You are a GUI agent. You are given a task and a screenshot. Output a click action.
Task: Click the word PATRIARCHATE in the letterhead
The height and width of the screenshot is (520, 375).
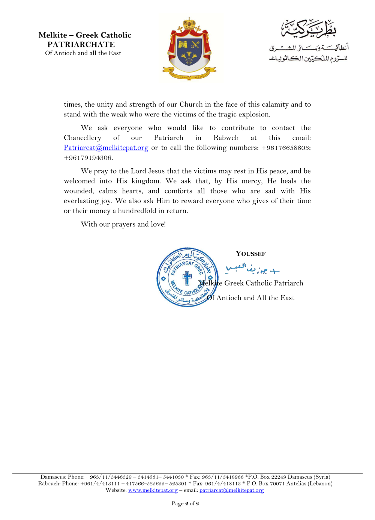pyautogui.click(x=81, y=44)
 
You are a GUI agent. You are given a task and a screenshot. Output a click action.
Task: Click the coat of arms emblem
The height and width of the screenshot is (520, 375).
pyautogui.click(x=189, y=49)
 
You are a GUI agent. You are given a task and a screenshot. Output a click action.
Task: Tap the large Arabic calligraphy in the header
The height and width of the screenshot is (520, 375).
pyautogui.click(x=309, y=29)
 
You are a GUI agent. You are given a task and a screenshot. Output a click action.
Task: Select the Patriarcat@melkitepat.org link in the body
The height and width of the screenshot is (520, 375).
pyautogui.click(x=106, y=148)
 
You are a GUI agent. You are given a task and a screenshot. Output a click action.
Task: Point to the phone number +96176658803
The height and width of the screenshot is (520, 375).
pyautogui.click(x=286, y=148)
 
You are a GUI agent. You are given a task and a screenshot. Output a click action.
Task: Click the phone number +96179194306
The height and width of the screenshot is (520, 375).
pyautogui.click(x=88, y=158)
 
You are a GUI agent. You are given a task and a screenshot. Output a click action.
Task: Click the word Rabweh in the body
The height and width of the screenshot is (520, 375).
pyautogui.click(x=226, y=138)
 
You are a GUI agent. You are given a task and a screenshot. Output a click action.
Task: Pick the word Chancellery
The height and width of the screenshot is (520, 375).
pyautogui.click(x=82, y=138)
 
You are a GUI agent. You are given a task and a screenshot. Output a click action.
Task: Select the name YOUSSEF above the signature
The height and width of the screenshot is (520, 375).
pyautogui.click(x=250, y=254)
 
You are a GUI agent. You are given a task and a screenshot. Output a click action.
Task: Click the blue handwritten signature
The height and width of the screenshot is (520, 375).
pyautogui.click(x=252, y=269)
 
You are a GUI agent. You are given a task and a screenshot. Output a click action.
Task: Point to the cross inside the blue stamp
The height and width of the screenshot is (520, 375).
pyautogui.click(x=187, y=278)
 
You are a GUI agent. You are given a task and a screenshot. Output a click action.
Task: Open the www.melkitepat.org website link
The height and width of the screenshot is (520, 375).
pyautogui.click(x=153, y=490)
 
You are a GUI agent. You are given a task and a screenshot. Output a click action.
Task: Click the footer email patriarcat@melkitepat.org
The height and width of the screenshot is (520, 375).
pyautogui.click(x=232, y=490)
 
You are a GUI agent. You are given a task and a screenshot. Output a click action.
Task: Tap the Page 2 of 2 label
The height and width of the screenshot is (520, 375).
pyautogui.click(x=185, y=503)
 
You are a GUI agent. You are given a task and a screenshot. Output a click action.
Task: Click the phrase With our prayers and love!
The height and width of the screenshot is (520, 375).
pyautogui.click(x=123, y=224)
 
